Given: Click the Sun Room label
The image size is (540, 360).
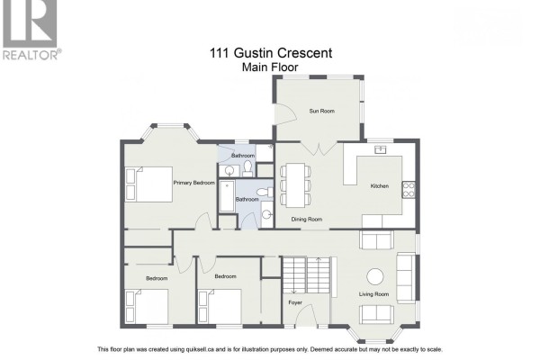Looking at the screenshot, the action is click(x=321, y=111).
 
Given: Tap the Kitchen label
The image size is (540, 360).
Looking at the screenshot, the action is click(x=380, y=186).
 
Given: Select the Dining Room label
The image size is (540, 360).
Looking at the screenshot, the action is click(x=307, y=219).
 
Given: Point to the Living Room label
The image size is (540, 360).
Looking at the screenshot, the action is click(x=373, y=294).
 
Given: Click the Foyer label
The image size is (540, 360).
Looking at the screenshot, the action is click(x=295, y=302).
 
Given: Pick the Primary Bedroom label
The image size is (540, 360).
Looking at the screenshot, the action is click(x=193, y=183).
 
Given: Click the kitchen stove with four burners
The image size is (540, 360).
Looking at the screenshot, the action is click(x=409, y=190).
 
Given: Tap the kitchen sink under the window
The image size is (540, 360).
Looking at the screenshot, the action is click(x=380, y=149).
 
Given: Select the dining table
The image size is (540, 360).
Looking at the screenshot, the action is click(x=295, y=185).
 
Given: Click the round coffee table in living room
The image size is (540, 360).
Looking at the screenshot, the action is click(x=374, y=276).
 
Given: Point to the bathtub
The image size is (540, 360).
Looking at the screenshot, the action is click(x=227, y=195).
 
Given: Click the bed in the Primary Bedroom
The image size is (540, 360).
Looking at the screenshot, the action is click(x=148, y=184).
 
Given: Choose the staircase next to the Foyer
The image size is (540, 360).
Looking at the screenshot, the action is click(x=307, y=274).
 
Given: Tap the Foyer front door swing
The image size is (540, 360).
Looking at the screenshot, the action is click(x=306, y=315).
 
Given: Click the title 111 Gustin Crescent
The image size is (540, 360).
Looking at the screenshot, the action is click(x=271, y=53).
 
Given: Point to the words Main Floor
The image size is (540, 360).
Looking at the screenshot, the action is click(x=270, y=67).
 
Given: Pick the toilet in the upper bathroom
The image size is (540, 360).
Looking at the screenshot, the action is click(x=247, y=167).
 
